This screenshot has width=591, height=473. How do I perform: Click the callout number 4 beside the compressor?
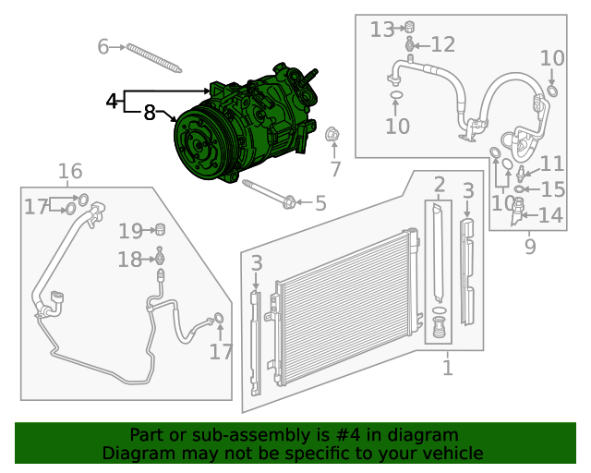click(112, 101)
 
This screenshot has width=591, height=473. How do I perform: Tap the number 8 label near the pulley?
click(149, 114)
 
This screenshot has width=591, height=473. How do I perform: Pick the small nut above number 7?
click(333, 136)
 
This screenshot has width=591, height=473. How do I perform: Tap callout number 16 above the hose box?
click(70, 171)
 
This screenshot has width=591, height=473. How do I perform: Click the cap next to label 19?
click(159, 229)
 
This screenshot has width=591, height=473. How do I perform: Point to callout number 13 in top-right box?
click(381, 30)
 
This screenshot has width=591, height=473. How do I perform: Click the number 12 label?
click(442, 44)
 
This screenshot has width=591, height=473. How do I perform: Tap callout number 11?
click(551, 164)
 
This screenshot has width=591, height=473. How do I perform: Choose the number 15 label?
click(552, 189)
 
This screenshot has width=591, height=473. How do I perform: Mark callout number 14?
click(550, 216)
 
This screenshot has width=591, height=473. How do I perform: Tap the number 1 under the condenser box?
click(447, 369)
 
